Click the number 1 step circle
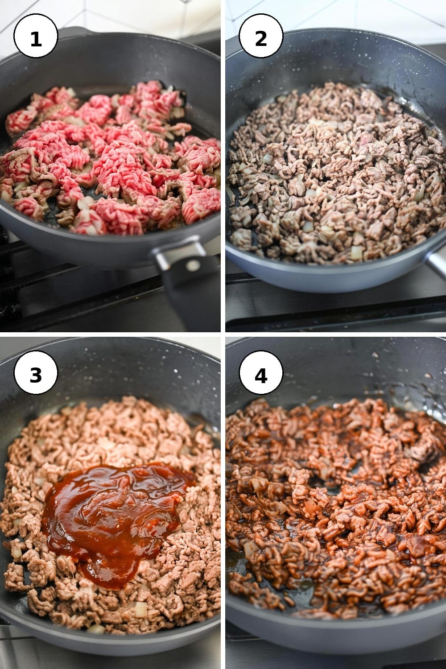click(36, 36)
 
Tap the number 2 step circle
click(261, 36)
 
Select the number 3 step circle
click(36, 372)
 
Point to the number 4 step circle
click(261, 372)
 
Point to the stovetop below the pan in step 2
click(334, 310)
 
